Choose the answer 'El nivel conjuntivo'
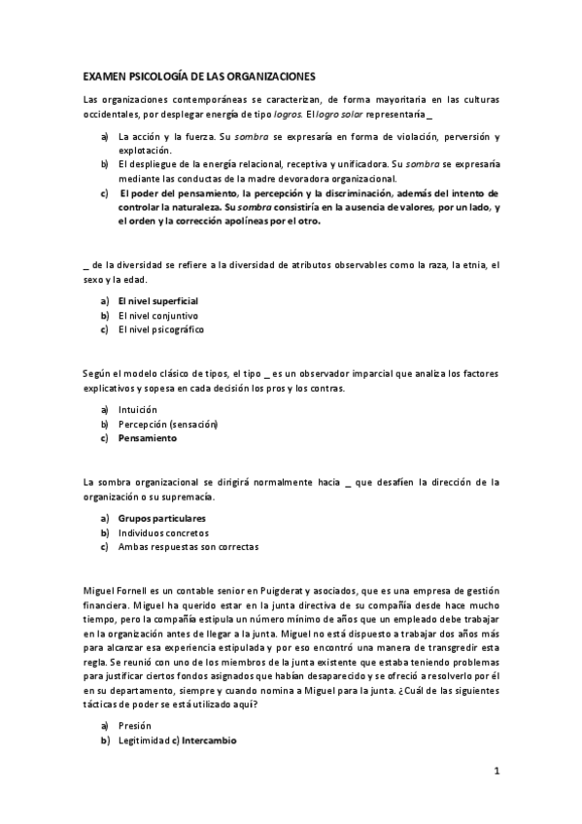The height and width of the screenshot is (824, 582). click(x=157, y=316)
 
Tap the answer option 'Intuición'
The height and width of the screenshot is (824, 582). click(x=137, y=410)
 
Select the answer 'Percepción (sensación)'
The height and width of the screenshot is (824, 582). click(x=167, y=425)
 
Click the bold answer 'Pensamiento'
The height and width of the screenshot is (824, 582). click(x=147, y=438)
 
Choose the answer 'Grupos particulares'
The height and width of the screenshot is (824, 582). click(x=161, y=519)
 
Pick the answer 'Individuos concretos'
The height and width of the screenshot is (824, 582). click(x=162, y=532)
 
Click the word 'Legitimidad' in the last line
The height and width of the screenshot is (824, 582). click(x=145, y=739)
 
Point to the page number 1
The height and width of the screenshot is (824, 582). click(x=496, y=772)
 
